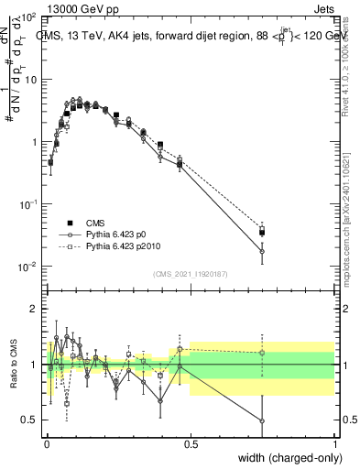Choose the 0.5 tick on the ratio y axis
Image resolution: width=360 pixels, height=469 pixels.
tap(30, 420)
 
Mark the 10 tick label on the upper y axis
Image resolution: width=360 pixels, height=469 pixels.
tap(29, 80)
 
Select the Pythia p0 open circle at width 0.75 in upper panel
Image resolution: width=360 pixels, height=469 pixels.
tap(262, 251)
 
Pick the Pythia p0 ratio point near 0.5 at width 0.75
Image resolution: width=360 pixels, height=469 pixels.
tap(262, 421)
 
